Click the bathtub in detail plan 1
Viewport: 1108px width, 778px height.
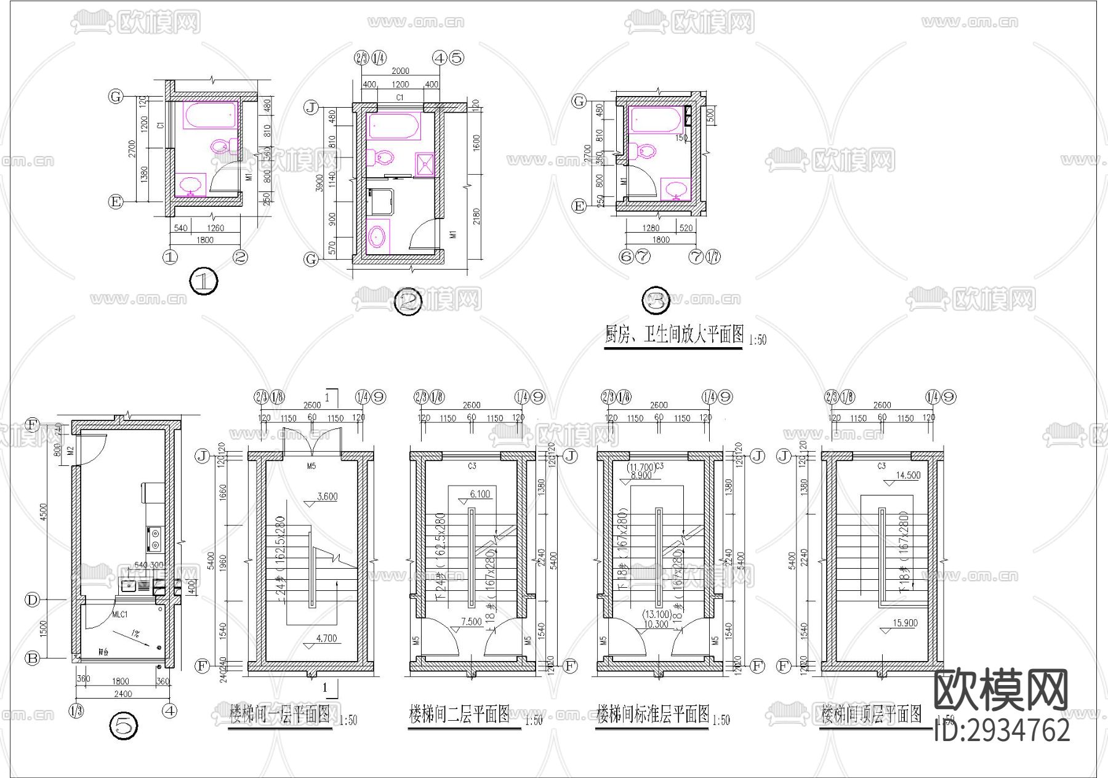[210, 116]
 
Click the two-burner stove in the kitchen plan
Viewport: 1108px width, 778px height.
[153, 539]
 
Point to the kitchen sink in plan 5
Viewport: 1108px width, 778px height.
[130, 585]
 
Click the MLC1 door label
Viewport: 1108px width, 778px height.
[119, 614]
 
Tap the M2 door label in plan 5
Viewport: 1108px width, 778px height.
[70, 451]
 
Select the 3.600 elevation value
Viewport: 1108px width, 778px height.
[326, 497]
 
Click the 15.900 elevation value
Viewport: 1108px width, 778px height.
[905, 623]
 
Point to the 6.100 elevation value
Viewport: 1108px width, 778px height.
[480, 494]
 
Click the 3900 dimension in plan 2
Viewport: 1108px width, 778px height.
[319, 183]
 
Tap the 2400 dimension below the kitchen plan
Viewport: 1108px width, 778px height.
[123, 694]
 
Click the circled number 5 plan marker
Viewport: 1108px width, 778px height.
[123, 727]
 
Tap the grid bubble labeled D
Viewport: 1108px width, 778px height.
[32, 600]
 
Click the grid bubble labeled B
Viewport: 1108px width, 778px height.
[32, 658]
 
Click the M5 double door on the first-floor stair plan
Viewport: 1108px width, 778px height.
[311, 443]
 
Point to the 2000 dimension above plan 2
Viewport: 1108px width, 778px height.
[399, 71]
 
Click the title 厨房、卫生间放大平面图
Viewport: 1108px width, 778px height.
[674, 335]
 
